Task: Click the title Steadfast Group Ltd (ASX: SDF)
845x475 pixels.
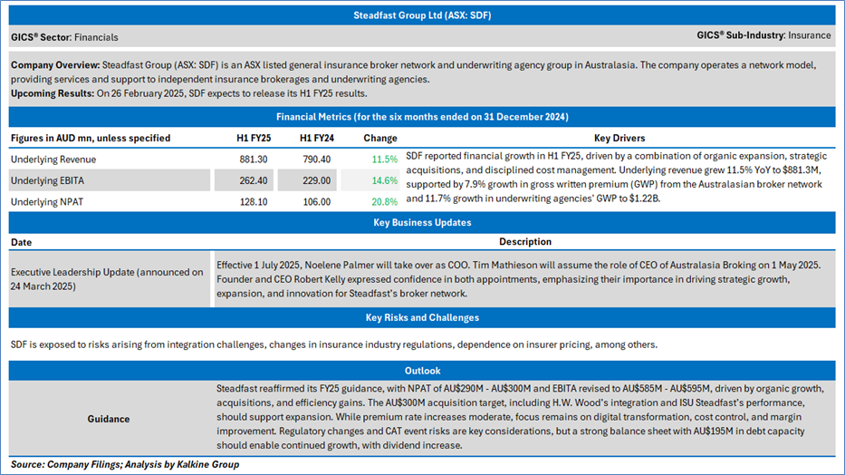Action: click(422, 15)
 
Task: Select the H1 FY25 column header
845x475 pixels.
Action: click(245, 138)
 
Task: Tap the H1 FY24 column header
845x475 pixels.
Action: click(312, 138)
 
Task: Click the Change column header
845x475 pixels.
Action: click(379, 138)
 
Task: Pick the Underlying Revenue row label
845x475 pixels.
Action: click(53, 159)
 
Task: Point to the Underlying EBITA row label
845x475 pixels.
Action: click(48, 180)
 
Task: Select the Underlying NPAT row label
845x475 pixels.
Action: click(47, 201)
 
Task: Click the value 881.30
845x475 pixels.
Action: click(245, 159)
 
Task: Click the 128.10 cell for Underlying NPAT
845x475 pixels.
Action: click(245, 201)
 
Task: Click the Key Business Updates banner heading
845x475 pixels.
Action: click(422, 222)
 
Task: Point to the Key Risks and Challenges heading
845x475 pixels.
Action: click(422, 317)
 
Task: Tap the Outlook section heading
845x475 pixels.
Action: click(422, 370)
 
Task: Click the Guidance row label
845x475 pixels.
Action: click(108, 419)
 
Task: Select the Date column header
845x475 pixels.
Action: click(22, 242)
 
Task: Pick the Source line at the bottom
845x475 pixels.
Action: click(125, 464)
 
